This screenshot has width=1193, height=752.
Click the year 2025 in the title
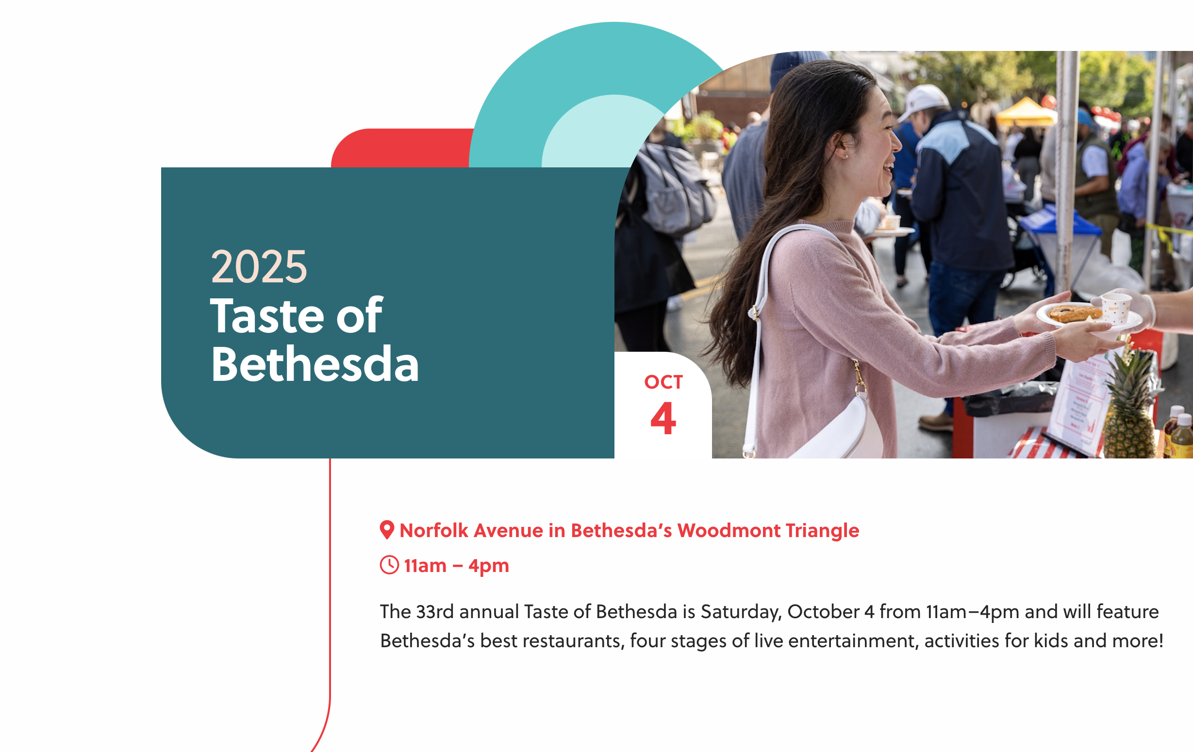259,266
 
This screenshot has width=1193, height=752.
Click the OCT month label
663,382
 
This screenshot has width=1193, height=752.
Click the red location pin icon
386,530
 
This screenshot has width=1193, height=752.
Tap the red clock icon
389,565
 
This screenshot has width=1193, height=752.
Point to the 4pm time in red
488,566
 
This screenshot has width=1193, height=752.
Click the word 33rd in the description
434,611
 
